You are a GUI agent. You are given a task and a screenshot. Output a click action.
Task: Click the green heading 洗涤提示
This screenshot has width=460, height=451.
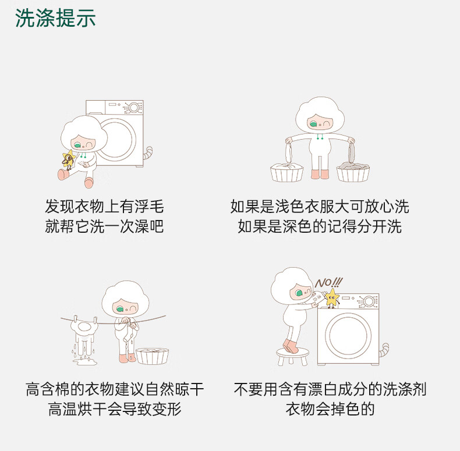[x=55, y=18]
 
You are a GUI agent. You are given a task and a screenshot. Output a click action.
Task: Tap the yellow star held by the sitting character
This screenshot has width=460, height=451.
[x=69, y=159]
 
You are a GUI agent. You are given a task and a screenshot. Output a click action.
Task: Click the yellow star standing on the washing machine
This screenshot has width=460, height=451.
[x=332, y=297]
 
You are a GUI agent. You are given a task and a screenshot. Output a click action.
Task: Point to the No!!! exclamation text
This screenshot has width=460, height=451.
[x=329, y=283]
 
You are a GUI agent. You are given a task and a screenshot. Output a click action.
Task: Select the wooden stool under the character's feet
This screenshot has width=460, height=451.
[x=293, y=356]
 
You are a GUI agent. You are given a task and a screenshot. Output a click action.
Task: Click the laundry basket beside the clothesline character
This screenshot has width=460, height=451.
[x=152, y=356]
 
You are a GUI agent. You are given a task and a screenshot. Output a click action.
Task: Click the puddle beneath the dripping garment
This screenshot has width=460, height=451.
[x=85, y=362]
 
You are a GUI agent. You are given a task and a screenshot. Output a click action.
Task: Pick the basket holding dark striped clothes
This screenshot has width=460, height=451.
[x=353, y=172]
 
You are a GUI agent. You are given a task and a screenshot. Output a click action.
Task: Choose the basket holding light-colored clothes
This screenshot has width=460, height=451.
[x=286, y=172]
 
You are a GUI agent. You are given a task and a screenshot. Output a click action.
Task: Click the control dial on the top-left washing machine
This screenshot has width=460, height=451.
[x=134, y=108]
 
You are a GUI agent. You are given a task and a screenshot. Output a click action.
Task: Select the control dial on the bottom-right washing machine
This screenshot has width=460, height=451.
[x=369, y=301]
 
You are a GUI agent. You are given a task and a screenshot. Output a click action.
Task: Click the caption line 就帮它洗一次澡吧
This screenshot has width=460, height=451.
[x=104, y=226]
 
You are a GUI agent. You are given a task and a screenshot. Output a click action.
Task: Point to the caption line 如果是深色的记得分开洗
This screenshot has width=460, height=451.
[x=320, y=226]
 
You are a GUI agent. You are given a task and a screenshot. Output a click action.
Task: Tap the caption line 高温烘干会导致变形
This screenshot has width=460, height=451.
[x=115, y=409]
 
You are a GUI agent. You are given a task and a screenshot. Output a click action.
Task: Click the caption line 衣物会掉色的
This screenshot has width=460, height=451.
[x=330, y=409]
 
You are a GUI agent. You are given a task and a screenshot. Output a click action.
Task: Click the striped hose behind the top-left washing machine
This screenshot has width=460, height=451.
[x=148, y=152]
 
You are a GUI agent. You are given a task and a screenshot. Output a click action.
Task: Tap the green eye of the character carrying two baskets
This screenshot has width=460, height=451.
[x=313, y=125]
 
